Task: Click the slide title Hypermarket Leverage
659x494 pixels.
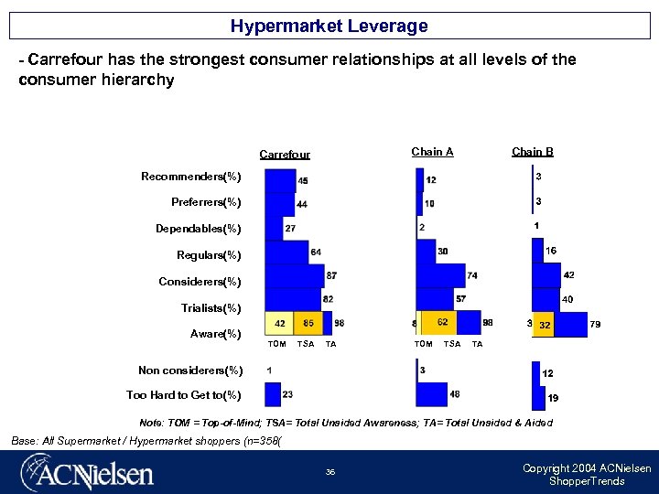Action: click(x=329, y=26)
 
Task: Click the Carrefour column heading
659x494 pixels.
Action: click(x=285, y=155)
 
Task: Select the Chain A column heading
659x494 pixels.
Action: click(x=432, y=152)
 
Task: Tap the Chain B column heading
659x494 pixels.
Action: click(x=532, y=152)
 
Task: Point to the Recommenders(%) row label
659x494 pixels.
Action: click(x=190, y=176)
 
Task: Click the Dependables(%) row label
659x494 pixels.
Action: click(x=198, y=229)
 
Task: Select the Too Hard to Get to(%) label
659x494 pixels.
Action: click(x=184, y=395)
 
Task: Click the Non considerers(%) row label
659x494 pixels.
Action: click(x=190, y=370)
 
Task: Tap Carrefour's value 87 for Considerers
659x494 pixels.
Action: click(x=330, y=275)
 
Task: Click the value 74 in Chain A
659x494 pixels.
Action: click(x=472, y=275)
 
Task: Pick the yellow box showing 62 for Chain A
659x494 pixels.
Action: click(x=442, y=322)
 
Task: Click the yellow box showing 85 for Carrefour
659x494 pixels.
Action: click(x=308, y=323)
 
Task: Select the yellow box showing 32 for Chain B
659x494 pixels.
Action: click(x=544, y=325)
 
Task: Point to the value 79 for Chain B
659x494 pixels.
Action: click(x=595, y=324)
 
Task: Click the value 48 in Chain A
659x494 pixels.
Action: click(x=455, y=394)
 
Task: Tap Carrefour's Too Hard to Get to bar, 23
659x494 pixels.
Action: click(x=273, y=394)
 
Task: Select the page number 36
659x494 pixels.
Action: click(x=329, y=472)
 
